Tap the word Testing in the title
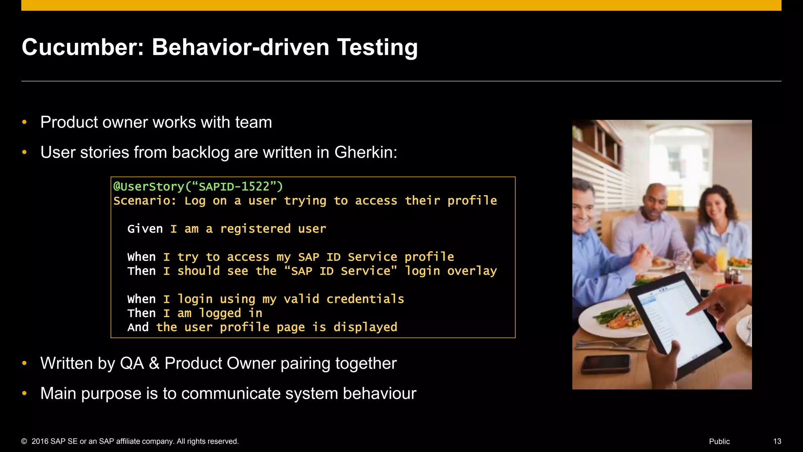[377, 47]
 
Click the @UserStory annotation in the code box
[149, 186]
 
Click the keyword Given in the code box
[145, 229]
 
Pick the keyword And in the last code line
[138, 327]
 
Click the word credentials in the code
[365, 299]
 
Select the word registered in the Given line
[255, 229]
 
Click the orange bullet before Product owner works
[25, 122]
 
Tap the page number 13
[777, 441]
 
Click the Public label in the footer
[719, 441]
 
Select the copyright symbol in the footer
[24, 441]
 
